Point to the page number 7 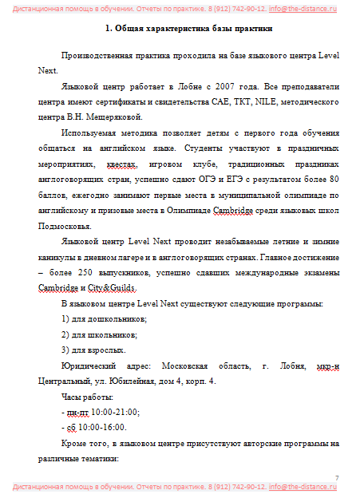point(337,477)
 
